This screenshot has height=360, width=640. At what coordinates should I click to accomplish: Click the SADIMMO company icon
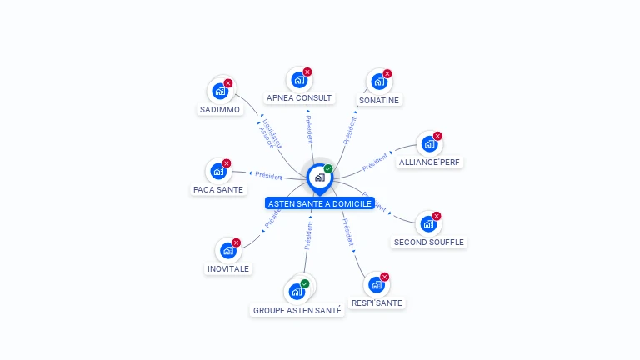[219, 91]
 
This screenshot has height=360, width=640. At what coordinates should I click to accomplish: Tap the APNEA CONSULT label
[299, 98]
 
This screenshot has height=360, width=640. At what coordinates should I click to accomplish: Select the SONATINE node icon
[378, 82]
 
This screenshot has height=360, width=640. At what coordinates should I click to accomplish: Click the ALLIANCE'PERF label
[429, 162]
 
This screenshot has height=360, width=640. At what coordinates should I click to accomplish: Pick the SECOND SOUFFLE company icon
[427, 223]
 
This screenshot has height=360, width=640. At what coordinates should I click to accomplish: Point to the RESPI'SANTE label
[377, 303]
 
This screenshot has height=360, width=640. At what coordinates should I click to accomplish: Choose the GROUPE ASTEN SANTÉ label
[297, 311]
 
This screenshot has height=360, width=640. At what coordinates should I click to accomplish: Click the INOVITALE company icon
[227, 250]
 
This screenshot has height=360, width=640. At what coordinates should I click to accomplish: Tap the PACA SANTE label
[218, 190]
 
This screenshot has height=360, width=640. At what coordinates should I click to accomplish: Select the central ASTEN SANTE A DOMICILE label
[320, 203]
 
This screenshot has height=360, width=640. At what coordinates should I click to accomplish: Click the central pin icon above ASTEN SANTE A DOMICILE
[319, 177]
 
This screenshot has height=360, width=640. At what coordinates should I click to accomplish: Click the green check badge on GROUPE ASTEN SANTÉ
[305, 284]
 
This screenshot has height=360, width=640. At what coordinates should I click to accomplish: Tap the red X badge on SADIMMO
[228, 83]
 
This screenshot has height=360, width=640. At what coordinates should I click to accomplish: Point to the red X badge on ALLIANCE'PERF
[437, 136]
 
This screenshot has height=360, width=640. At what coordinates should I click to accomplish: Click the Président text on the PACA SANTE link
[268, 176]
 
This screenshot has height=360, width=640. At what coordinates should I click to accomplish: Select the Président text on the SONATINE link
[350, 130]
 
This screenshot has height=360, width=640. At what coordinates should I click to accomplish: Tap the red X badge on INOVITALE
[236, 242]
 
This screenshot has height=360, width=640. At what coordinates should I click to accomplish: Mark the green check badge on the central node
[328, 169]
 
